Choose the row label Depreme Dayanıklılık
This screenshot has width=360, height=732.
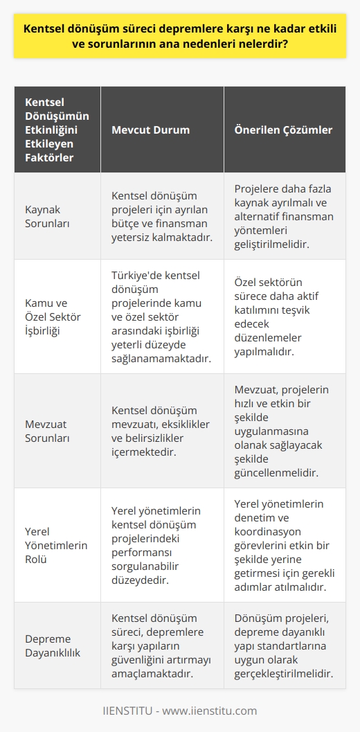point(53,645)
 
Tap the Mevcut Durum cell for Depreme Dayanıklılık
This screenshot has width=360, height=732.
point(161,645)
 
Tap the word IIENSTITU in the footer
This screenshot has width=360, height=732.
point(130,711)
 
